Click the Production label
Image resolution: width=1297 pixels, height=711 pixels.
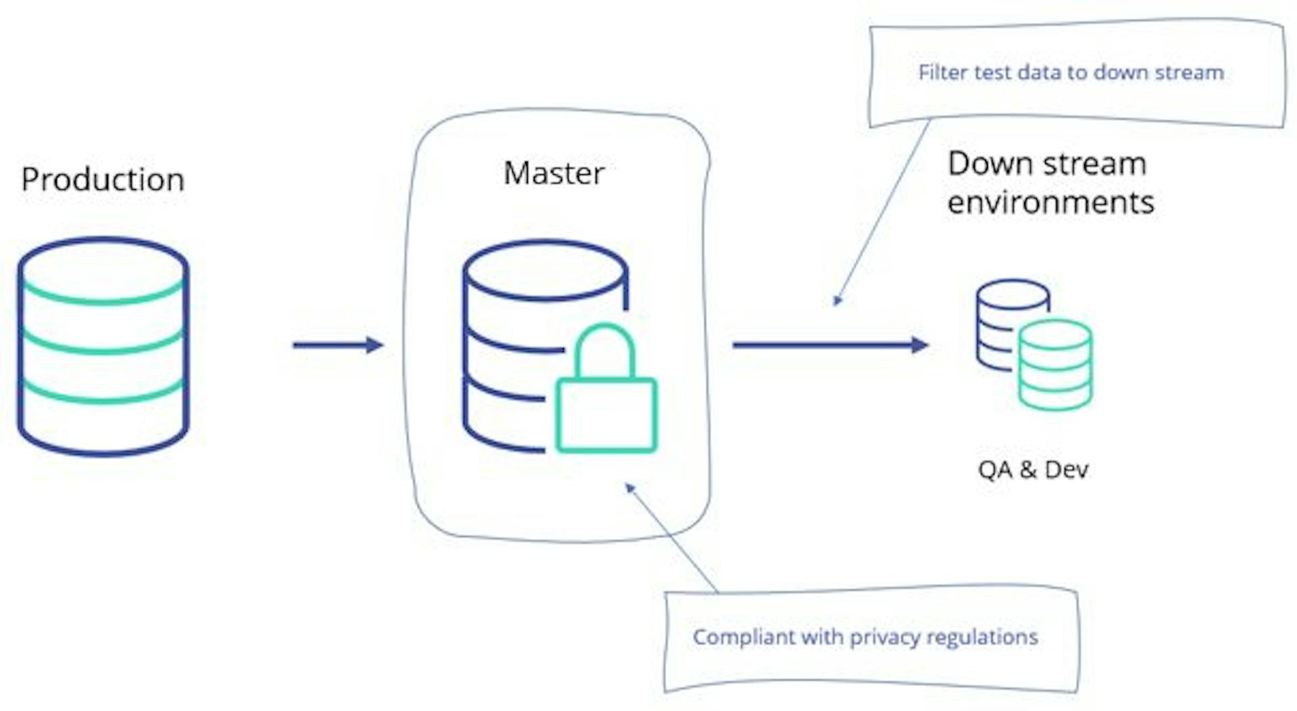[103, 180]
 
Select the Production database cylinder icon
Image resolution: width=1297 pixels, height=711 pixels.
[103, 346]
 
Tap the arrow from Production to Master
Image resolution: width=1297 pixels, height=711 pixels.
[337, 345]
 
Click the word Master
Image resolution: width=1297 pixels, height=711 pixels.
[554, 174]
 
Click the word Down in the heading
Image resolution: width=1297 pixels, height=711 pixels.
[987, 164]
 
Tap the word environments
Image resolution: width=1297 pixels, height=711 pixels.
[1050, 203]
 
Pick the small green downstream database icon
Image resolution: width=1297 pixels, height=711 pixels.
[1055, 366]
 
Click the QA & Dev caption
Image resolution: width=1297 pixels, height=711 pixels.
[1033, 470]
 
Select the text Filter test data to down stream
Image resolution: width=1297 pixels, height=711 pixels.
[1071, 72]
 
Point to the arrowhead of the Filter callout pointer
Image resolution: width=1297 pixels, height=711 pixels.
[837, 301]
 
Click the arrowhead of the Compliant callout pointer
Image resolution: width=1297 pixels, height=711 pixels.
[630, 487]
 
